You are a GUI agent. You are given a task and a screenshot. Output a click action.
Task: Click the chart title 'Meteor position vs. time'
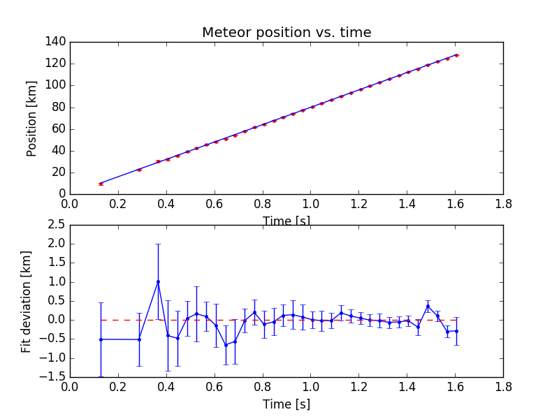coord(286,33)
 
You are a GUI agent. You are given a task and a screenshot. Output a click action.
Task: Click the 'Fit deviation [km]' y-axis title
coord(27,301)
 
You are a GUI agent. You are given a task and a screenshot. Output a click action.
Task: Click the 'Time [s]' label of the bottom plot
coord(286,404)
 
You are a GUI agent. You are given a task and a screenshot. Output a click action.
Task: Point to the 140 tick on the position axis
coord(57,42)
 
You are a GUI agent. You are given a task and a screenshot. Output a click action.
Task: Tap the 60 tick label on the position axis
coord(59,128)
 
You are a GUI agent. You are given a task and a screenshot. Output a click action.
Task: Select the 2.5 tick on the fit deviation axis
coord(55,224)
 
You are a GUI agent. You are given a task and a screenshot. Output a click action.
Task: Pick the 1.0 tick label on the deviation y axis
coord(55,281)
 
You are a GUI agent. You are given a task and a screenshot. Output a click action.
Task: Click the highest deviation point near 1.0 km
coord(158,281)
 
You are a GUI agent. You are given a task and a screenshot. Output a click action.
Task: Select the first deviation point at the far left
coord(101,339)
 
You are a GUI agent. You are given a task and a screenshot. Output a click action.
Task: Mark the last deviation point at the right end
coord(457,330)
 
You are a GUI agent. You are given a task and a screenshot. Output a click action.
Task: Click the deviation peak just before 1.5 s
coord(428,306)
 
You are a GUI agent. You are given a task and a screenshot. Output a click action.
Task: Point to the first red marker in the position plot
coord(101,184)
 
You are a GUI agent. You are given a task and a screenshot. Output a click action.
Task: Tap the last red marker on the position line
coord(457,54)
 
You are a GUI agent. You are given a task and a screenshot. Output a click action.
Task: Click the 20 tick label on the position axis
coord(59,172)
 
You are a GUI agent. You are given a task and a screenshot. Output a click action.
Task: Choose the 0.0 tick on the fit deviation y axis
coord(55,320)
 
